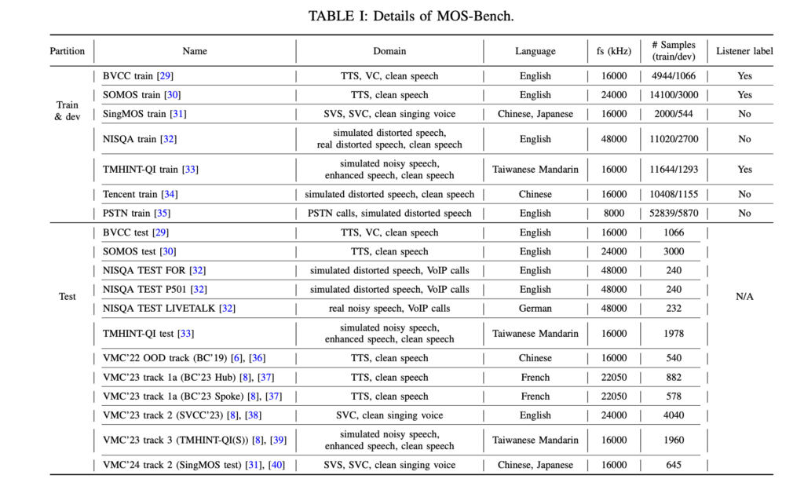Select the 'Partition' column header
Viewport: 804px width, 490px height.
click(x=68, y=51)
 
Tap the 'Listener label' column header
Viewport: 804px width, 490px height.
click(x=744, y=51)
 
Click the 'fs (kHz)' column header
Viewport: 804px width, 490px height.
click(x=613, y=51)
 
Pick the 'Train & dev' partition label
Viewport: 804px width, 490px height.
click(x=68, y=111)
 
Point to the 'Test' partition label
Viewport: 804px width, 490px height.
click(x=68, y=297)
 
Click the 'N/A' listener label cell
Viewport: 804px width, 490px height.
click(x=744, y=297)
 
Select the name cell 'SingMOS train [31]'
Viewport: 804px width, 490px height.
click(x=145, y=114)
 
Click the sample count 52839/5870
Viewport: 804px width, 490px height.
click(x=673, y=213)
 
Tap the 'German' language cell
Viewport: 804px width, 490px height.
click(x=535, y=309)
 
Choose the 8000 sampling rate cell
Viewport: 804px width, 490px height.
click(x=613, y=213)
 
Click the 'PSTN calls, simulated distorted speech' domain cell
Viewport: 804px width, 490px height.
click(x=389, y=213)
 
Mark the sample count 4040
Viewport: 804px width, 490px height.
click(x=673, y=415)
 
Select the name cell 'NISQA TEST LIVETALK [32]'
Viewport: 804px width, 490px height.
click(x=169, y=309)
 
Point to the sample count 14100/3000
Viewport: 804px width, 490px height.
click(x=673, y=95)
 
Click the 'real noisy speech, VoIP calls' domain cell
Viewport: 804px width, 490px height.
click(x=389, y=309)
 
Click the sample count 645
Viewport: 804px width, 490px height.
click(x=673, y=465)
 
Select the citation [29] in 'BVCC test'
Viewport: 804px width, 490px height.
click(x=161, y=232)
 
